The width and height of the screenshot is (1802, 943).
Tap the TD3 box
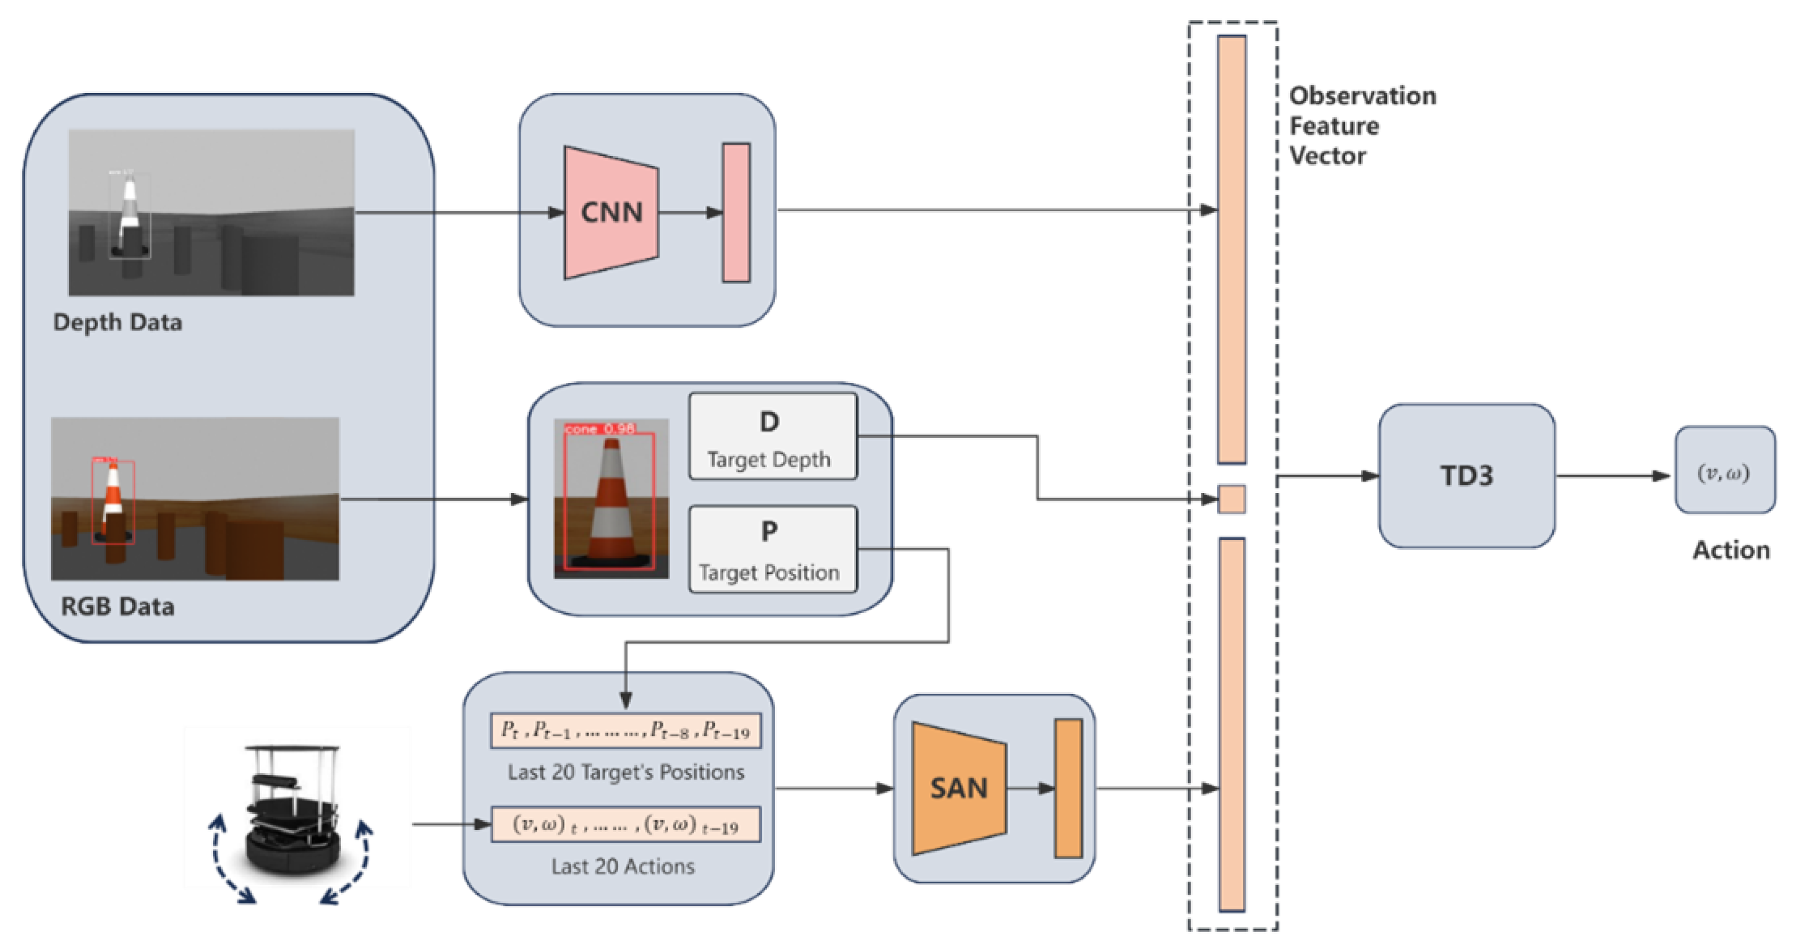pos(1467,476)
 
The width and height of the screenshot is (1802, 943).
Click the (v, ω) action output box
pos(1725,471)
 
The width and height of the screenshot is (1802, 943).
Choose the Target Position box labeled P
pos(772,549)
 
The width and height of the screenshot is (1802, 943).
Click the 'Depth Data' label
pos(118,322)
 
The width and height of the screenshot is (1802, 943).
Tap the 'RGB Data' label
pos(118,606)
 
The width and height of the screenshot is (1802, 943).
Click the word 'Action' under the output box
pos(1731,550)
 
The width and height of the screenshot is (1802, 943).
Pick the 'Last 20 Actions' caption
pos(623,866)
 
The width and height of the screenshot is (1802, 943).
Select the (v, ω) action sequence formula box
pos(625,824)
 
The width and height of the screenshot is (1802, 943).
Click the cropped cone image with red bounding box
pos(611,499)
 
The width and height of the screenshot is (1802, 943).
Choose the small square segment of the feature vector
pos(1231,499)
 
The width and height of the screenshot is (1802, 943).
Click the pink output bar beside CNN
pos(736,213)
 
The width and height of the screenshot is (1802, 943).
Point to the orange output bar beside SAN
pos(1068,789)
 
